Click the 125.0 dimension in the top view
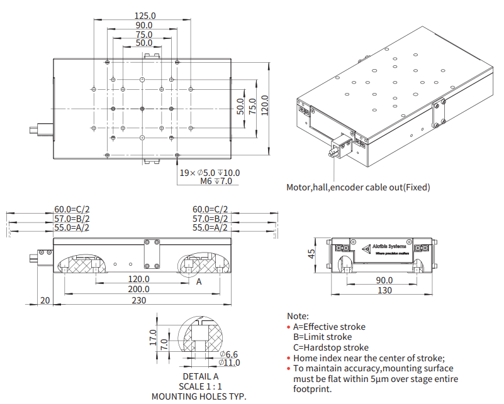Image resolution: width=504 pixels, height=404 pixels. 144,15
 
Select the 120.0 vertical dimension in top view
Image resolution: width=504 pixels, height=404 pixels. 265,106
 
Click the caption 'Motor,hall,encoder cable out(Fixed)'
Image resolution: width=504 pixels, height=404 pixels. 358,187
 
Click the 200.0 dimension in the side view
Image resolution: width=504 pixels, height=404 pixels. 138,289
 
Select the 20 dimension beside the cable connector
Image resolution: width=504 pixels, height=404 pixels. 45,300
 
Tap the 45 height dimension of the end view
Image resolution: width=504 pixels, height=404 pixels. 311,254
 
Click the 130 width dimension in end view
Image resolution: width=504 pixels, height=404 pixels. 384,290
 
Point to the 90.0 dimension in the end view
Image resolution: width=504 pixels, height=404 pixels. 384,280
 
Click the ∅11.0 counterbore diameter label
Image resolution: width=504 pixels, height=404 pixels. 229,363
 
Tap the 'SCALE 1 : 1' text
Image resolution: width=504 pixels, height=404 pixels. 199,386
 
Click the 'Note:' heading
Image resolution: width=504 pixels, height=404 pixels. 298,316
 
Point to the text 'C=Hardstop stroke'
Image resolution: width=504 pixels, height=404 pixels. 331,347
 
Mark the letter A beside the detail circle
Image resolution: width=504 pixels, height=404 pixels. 199,282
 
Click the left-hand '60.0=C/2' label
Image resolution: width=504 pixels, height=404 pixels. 72,209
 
